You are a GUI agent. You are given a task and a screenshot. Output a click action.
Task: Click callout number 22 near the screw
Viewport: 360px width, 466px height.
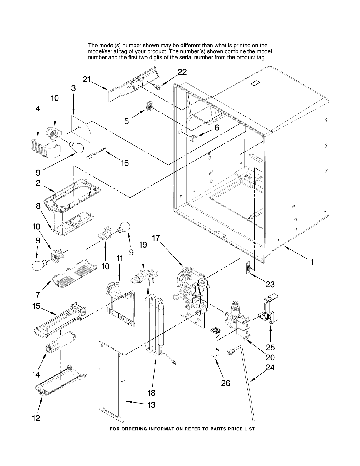point(182,72)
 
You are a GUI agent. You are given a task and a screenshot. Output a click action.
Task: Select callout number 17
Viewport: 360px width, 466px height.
point(156,238)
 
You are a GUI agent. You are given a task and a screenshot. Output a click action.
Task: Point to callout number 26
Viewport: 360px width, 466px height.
point(225,383)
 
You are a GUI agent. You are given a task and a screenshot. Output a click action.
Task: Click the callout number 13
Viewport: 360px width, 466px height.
point(151,405)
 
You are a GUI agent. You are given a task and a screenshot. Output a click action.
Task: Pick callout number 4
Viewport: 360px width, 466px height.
point(38,108)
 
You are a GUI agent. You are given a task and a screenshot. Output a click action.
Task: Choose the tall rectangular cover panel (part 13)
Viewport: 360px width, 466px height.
point(112,382)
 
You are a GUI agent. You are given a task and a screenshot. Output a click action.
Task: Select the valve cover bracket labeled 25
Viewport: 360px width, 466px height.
point(270,310)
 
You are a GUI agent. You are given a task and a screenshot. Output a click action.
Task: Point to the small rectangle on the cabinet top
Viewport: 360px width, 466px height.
point(254,83)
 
